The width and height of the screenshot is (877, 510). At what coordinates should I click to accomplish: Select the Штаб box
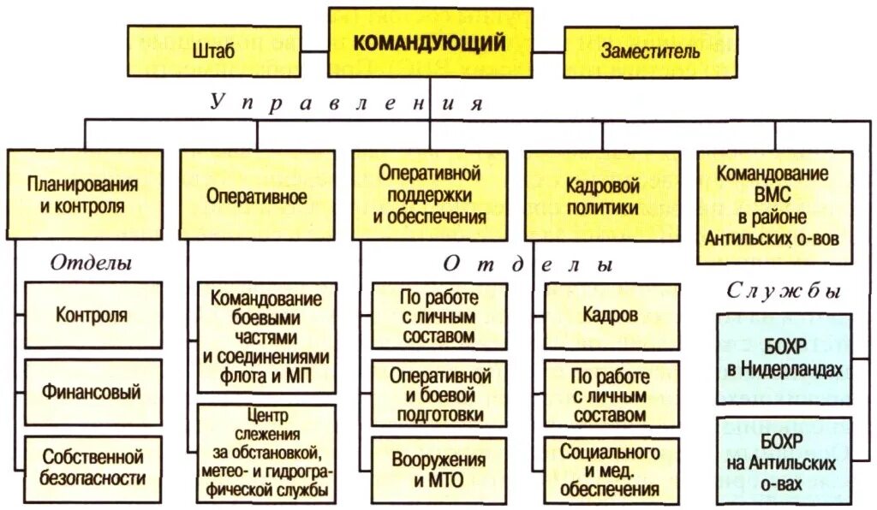(214, 51)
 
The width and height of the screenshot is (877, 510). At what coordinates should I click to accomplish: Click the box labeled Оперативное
(257, 195)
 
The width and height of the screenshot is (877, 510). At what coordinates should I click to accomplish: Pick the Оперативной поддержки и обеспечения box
(429, 195)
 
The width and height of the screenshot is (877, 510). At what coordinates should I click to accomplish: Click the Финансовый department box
(92, 392)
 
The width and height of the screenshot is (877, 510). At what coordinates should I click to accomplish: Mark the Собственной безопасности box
(92, 466)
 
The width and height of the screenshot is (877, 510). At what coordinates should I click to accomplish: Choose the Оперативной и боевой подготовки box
(438, 394)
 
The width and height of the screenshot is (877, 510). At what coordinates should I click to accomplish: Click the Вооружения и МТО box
(438, 469)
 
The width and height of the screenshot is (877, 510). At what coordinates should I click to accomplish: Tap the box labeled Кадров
(610, 315)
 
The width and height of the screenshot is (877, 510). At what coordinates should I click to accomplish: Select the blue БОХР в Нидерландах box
(784, 359)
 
